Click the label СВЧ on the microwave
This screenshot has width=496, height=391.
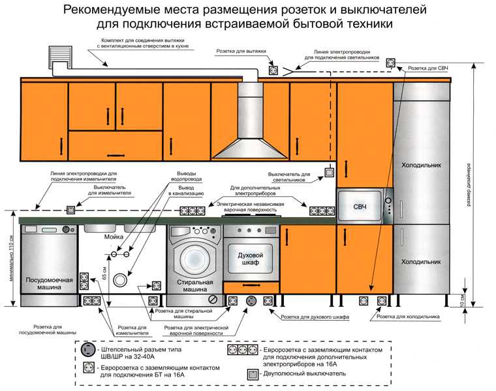[x=360, y=207]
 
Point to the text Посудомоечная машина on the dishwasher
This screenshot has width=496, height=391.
[x=48, y=283]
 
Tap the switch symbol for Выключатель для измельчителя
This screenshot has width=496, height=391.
[x=69, y=210]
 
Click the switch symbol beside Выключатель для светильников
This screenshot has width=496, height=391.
[x=330, y=173]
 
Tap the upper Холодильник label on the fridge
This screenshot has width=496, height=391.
[x=420, y=166]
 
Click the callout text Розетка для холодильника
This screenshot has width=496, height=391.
[x=412, y=316]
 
